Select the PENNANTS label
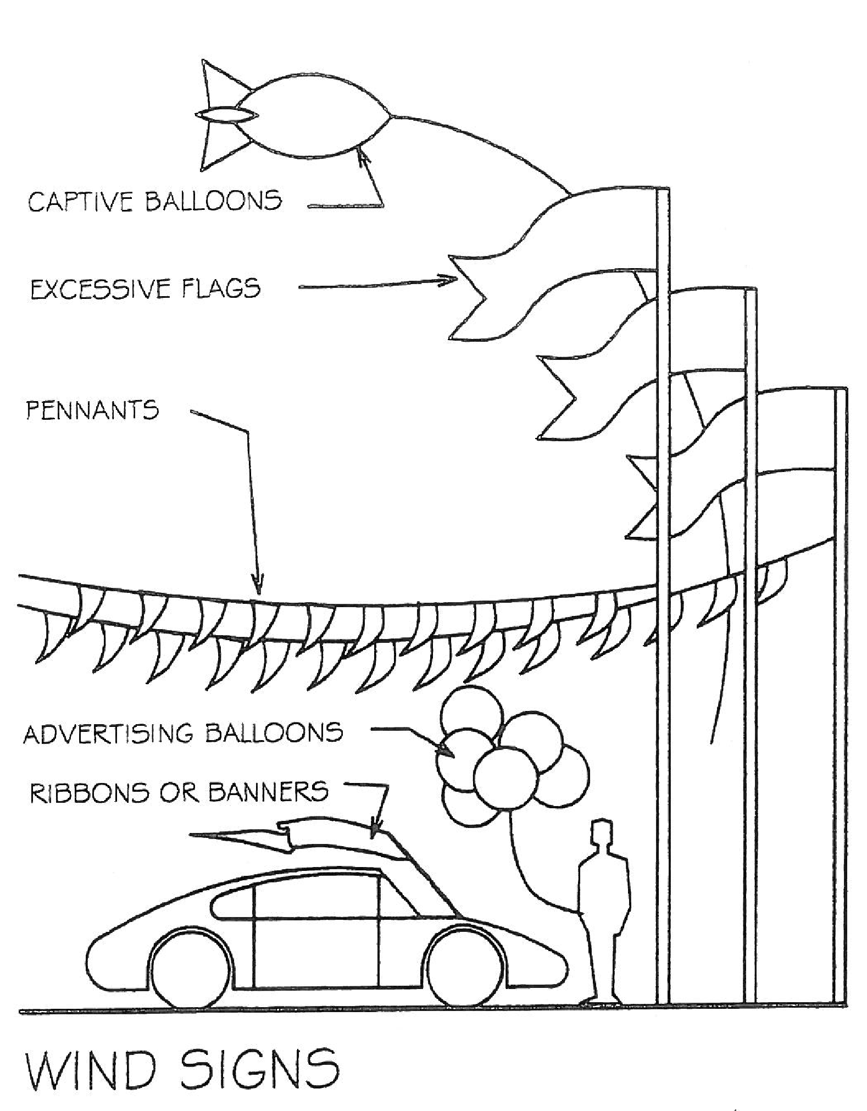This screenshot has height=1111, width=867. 92,410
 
